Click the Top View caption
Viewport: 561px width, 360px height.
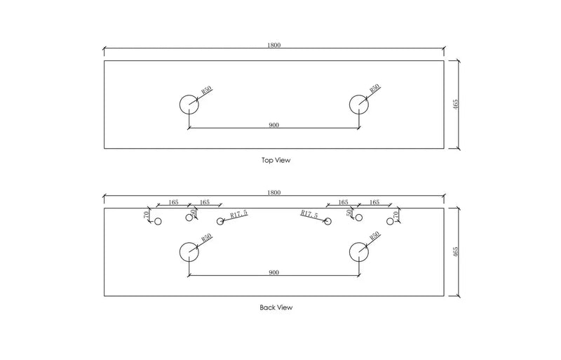(276, 160)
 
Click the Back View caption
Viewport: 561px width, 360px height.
(276, 307)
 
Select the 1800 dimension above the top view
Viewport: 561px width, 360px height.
(274, 45)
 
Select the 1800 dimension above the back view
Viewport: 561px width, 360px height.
(274, 192)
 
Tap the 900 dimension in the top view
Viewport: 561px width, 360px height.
(273, 125)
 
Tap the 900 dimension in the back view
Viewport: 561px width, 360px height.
(273, 272)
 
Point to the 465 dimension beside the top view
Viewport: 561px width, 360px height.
(455, 105)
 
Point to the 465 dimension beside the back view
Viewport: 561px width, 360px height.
(455, 252)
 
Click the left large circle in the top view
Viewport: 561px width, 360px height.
(180, 105)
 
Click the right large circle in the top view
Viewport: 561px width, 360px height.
(349, 105)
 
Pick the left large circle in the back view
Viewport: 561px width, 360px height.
(180, 252)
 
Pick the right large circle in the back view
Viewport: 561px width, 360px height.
(349, 252)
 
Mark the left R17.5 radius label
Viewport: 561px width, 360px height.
(238, 214)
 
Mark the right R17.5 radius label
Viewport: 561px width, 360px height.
(309, 214)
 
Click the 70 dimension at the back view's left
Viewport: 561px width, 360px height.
(146, 215)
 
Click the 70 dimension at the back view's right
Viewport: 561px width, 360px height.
(396, 215)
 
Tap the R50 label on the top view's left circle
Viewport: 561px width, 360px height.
(206, 89)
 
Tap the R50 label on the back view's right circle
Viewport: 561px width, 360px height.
(374, 235)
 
